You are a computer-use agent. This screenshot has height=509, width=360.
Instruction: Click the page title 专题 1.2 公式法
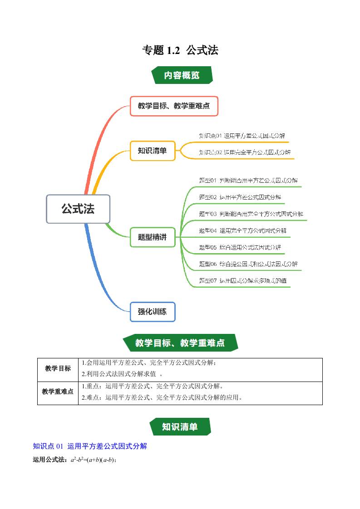[180, 50]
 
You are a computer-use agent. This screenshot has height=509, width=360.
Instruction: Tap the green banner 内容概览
[182, 75]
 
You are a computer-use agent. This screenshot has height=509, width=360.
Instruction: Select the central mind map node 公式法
[78, 209]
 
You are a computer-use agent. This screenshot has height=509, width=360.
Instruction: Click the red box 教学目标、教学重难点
[174, 106]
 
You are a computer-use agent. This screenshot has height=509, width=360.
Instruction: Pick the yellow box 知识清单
[152, 151]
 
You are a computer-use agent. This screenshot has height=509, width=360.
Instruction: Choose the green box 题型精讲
[152, 237]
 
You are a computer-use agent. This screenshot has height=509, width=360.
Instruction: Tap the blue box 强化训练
[152, 312]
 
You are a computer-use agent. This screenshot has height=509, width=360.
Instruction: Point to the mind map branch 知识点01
[242, 136]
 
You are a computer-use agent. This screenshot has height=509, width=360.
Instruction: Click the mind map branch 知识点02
[245, 152]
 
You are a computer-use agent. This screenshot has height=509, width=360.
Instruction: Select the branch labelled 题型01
[248, 181]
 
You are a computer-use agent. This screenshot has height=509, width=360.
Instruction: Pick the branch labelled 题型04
[242, 230]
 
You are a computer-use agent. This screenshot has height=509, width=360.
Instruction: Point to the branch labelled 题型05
[240, 247]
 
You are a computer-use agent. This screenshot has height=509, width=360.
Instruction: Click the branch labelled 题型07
[242, 281]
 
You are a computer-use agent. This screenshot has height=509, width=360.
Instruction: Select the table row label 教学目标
[58, 368]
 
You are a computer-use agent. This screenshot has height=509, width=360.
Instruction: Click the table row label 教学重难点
[58, 392]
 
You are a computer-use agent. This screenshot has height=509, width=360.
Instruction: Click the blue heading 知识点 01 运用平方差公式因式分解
[90, 446]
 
